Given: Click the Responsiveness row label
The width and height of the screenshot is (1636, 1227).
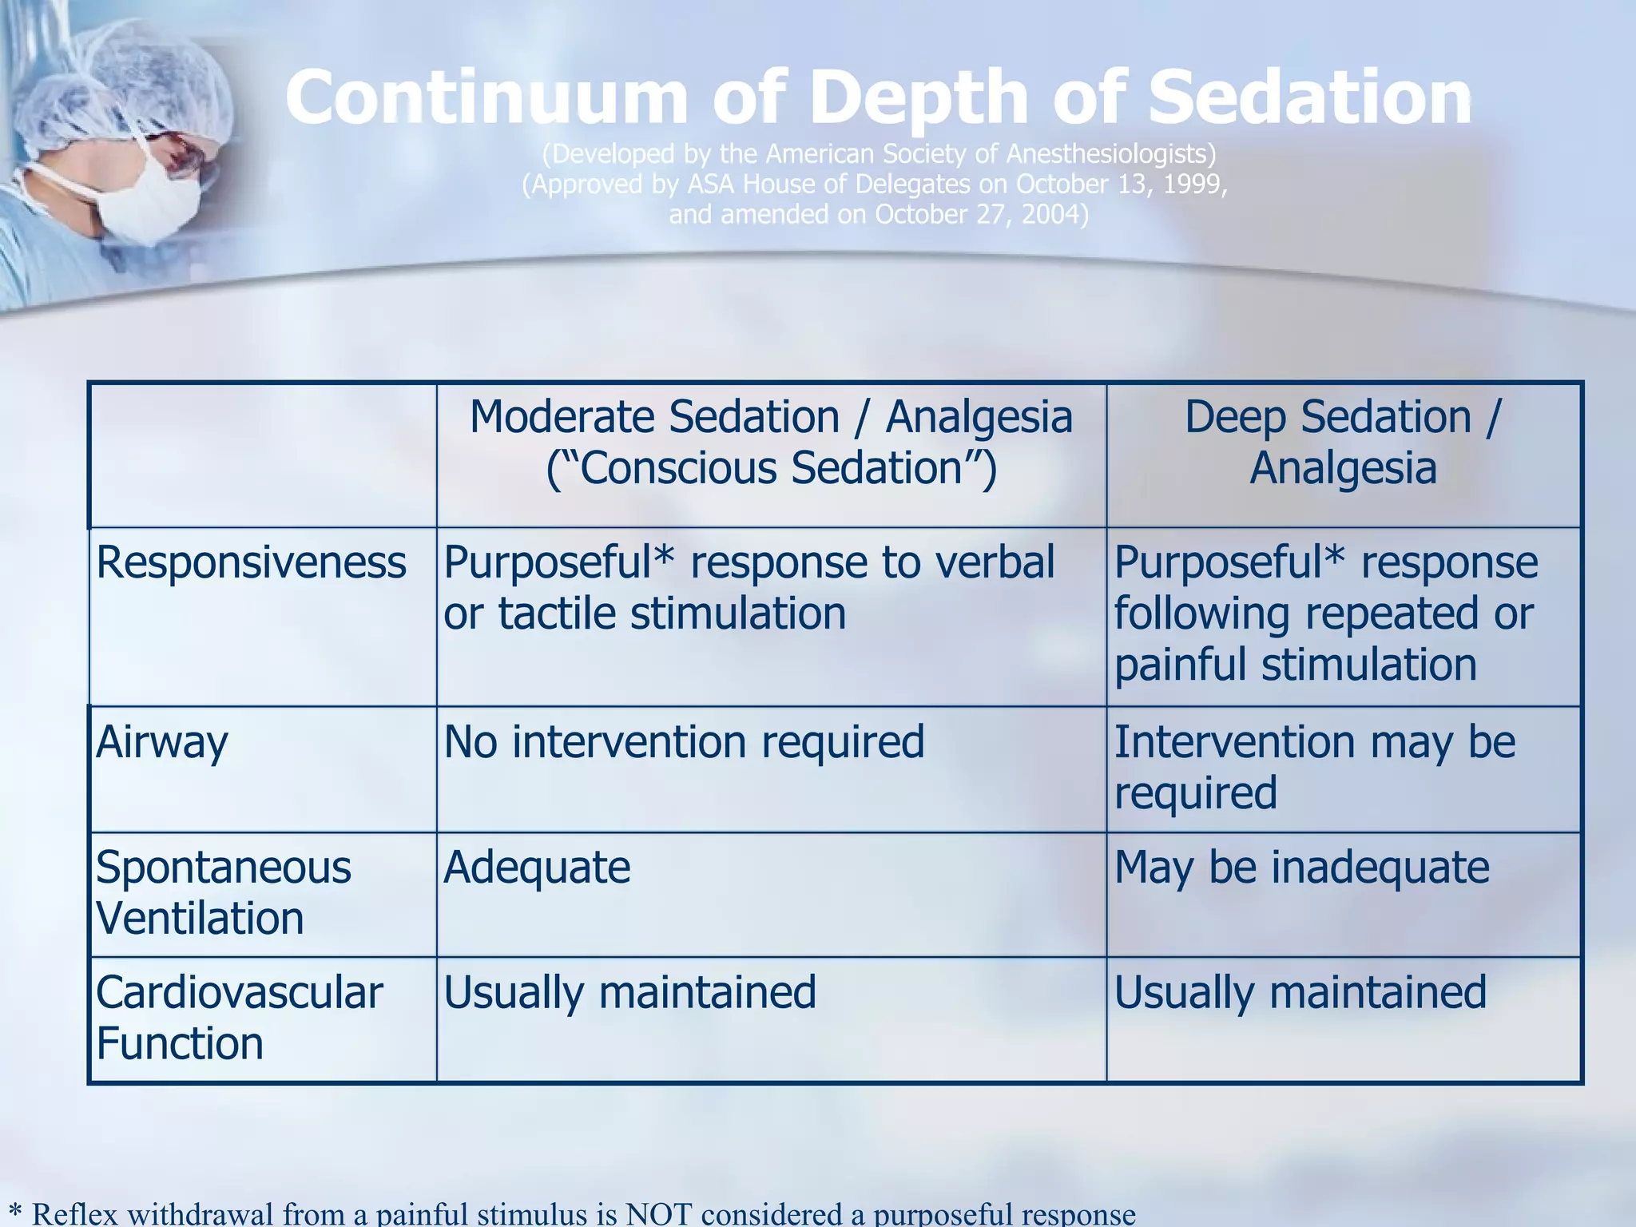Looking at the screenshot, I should coord(251,562).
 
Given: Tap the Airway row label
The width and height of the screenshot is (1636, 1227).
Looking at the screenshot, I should coord(162,742).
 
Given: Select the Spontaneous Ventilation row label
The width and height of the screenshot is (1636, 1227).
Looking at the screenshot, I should coord(223,892).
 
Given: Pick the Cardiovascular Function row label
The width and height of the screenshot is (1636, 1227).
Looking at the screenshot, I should coord(239,1018).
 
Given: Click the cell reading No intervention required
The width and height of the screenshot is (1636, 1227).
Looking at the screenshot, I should coord(684,742).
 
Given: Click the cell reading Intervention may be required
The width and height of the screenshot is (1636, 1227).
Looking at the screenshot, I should coord(1314,767).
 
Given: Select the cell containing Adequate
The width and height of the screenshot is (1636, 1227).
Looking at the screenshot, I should coord(537,868).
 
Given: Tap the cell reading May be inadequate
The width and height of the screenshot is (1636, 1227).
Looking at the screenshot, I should coord(1301,868).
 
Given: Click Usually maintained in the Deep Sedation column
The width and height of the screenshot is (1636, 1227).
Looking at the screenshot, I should coord(1300,993).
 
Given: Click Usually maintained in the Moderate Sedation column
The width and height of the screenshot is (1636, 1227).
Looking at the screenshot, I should coord(629,993).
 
